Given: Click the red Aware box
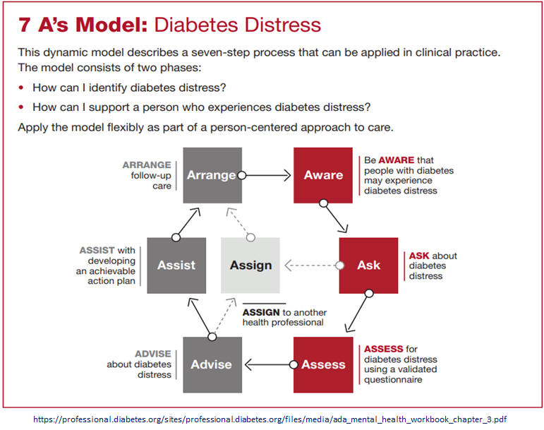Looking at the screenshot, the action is [x=323, y=175].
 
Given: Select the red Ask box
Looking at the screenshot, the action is [x=368, y=265].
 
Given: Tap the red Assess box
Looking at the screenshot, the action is [x=323, y=365].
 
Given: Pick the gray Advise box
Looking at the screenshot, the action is [x=212, y=365].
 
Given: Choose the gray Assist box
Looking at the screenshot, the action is [x=176, y=265].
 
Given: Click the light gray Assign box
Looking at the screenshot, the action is [x=250, y=265].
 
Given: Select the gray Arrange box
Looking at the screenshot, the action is [x=212, y=175].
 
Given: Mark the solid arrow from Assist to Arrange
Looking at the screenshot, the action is [x=187, y=222].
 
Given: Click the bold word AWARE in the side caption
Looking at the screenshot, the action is [x=397, y=160].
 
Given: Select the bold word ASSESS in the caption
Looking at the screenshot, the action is [x=383, y=349].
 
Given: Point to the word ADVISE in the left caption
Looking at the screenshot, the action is [x=153, y=354].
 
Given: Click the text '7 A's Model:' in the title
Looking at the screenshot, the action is [x=83, y=25].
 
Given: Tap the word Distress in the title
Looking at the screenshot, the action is [x=282, y=25].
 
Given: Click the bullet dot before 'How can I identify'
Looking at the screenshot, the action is [x=21, y=88].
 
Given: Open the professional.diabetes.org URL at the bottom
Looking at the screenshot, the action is [x=270, y=419].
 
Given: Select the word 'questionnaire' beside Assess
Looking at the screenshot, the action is [x=393, y=380].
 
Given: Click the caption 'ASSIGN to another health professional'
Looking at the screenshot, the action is [x=284, y=317].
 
